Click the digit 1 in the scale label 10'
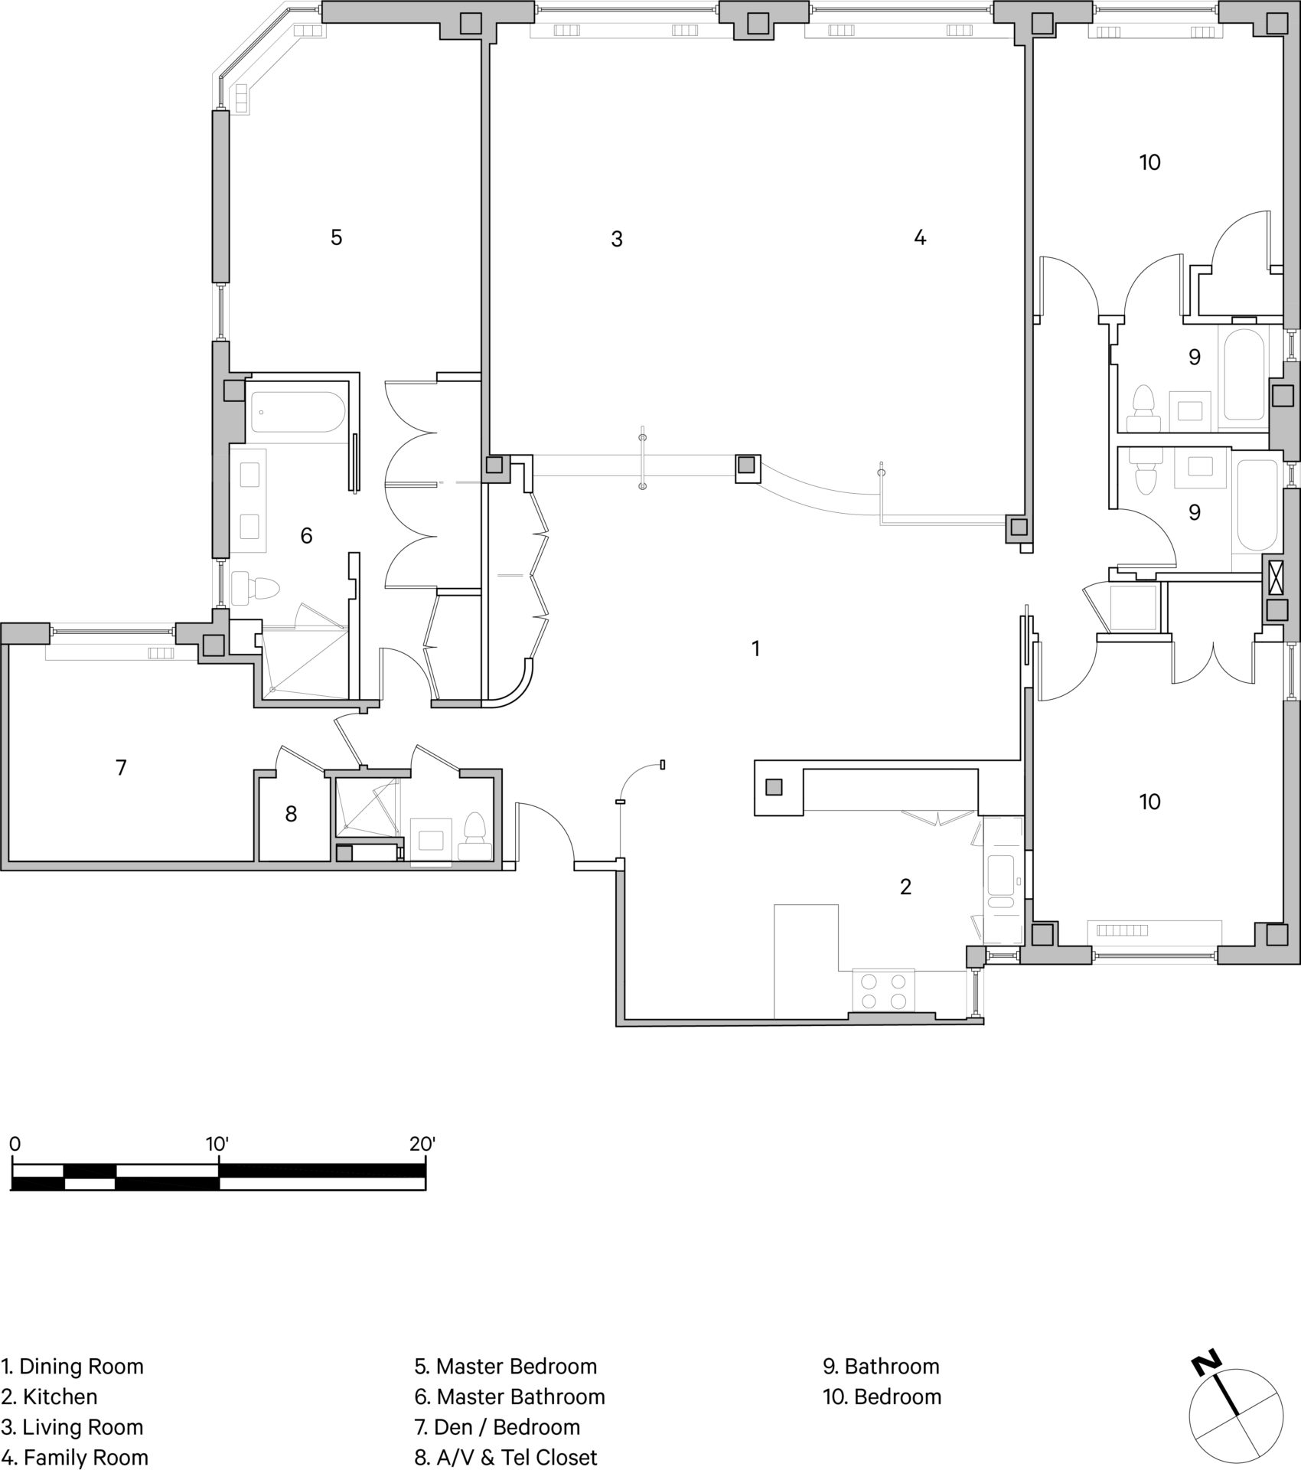pos(210,1145)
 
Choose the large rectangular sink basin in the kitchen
pos(1000,874)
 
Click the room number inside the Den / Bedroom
pos(121,767)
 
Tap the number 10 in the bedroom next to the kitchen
pos(1149,802)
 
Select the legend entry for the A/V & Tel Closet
pos(505,1457)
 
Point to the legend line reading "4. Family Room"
pos(74,1457)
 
